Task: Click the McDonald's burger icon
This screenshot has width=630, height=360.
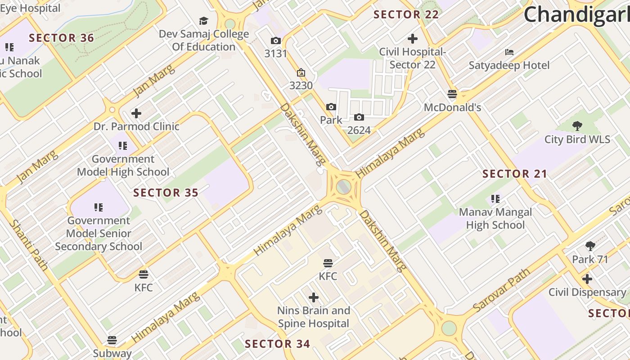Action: [452, 94]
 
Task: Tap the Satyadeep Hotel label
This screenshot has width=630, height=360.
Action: [509, 65]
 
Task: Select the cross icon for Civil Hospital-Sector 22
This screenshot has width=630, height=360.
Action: [412, 39]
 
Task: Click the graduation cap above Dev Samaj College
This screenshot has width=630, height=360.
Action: [204, 21]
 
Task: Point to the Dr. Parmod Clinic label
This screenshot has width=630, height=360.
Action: [136, 126]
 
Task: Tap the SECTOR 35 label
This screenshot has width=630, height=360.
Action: [166, 193]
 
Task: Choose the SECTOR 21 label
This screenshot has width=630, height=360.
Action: [515, 174]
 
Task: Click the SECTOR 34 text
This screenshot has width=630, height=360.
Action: [278, 344]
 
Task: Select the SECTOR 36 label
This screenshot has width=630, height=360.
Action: [62, 38]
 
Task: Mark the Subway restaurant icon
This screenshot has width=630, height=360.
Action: [112, 340]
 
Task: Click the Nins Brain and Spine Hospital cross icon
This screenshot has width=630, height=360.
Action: [314, 297]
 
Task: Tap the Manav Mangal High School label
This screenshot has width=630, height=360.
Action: [495, 218]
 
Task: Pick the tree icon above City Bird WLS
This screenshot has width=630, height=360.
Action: [577, 126]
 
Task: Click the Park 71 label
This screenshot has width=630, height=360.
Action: [590, 259]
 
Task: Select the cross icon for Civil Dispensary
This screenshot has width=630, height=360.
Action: [587, 279]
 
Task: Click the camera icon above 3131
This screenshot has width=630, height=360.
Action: [275, 41]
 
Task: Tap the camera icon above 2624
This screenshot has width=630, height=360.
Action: [359, 117]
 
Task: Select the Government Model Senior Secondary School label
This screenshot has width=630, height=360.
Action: [99, 234]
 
